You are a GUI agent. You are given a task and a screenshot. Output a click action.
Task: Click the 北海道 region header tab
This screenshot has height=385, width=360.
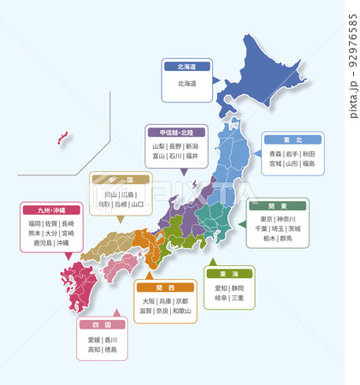[x=186, y=65]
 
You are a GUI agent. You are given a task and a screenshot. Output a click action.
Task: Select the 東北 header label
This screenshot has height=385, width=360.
[x=292, y=139]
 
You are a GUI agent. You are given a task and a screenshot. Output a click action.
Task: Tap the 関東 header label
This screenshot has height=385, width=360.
[x=277, y=205]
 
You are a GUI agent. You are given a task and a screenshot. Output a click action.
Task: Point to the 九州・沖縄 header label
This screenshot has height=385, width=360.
[x=51, y=210]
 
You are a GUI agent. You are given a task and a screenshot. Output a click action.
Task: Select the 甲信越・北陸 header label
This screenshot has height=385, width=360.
[x=178, y=133]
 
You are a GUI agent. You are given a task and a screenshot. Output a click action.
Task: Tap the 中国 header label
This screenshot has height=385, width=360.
[x=121, y=180]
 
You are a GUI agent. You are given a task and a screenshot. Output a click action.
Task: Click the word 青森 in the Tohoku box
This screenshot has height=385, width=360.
[x=275, y=152]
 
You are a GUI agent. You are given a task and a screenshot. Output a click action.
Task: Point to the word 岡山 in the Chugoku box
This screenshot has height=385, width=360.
[x=111, y=194]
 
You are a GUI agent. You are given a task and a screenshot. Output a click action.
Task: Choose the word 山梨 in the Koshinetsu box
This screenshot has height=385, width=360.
[x=158, y=146]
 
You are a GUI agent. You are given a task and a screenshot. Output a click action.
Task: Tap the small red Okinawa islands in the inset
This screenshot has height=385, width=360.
[x=62, y=136]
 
